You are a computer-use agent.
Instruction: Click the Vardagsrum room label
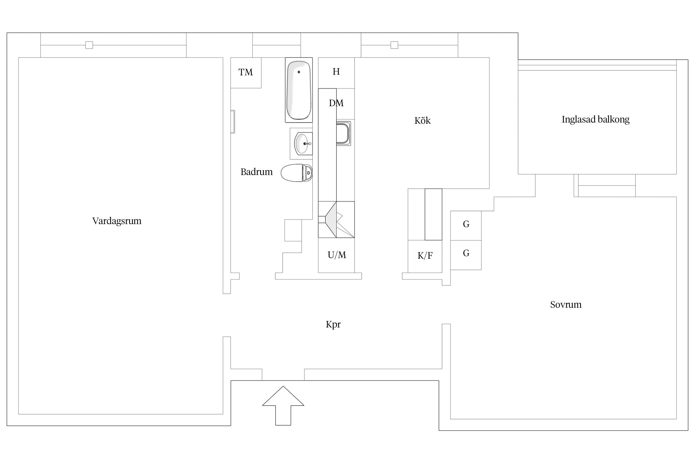(117, 221)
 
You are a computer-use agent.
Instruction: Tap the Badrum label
(256, 172)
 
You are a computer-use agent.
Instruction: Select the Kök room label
(422, 120)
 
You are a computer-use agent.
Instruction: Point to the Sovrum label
(566, 305)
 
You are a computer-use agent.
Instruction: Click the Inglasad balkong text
(596, 119)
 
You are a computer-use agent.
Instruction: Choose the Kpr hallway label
(333, 324)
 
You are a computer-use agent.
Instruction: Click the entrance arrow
(283, 406)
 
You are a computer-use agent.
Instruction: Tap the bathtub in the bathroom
(299, 90)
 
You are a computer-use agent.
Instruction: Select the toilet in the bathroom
(297, 173)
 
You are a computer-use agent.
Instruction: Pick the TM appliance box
(246, 73)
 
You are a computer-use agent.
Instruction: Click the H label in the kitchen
(336, 72)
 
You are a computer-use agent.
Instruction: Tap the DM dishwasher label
(336, 103)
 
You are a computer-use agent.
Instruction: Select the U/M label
(337, 255)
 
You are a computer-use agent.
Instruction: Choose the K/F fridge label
(425, 256)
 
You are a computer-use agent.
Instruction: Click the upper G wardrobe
(466, 226)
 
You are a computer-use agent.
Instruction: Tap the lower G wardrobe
(466, 255)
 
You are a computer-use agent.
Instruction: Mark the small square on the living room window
(89, 45)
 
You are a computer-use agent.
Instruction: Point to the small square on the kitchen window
(394, 45)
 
